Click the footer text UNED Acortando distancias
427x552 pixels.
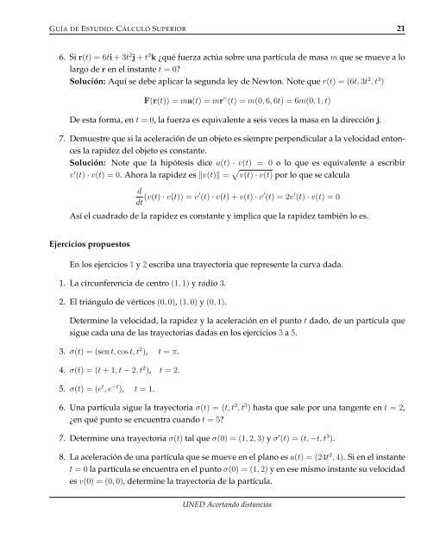(x=213, y=529)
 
